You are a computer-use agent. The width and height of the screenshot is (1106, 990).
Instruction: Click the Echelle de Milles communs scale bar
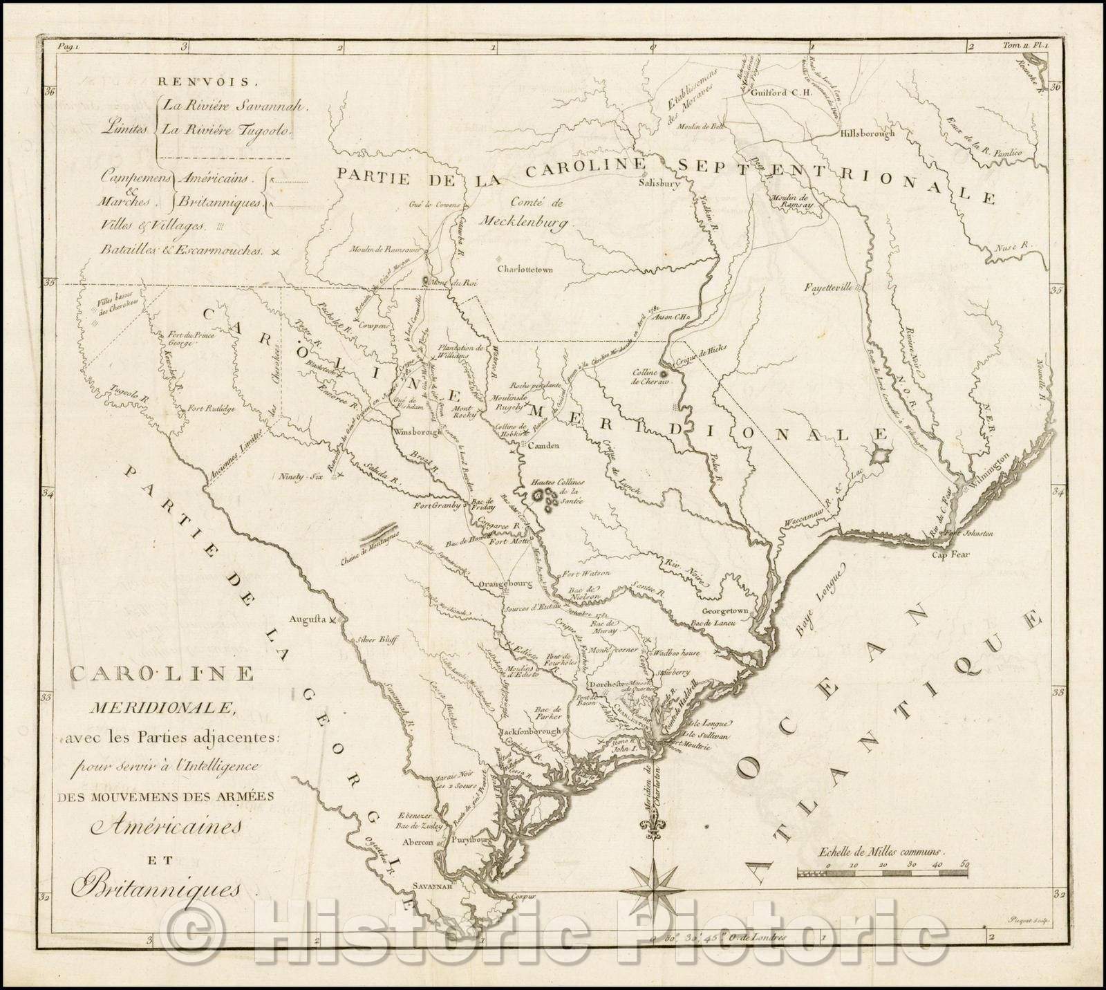[x=881, y=874]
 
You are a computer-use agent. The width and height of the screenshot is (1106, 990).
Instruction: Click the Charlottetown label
[x=529, y=269]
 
